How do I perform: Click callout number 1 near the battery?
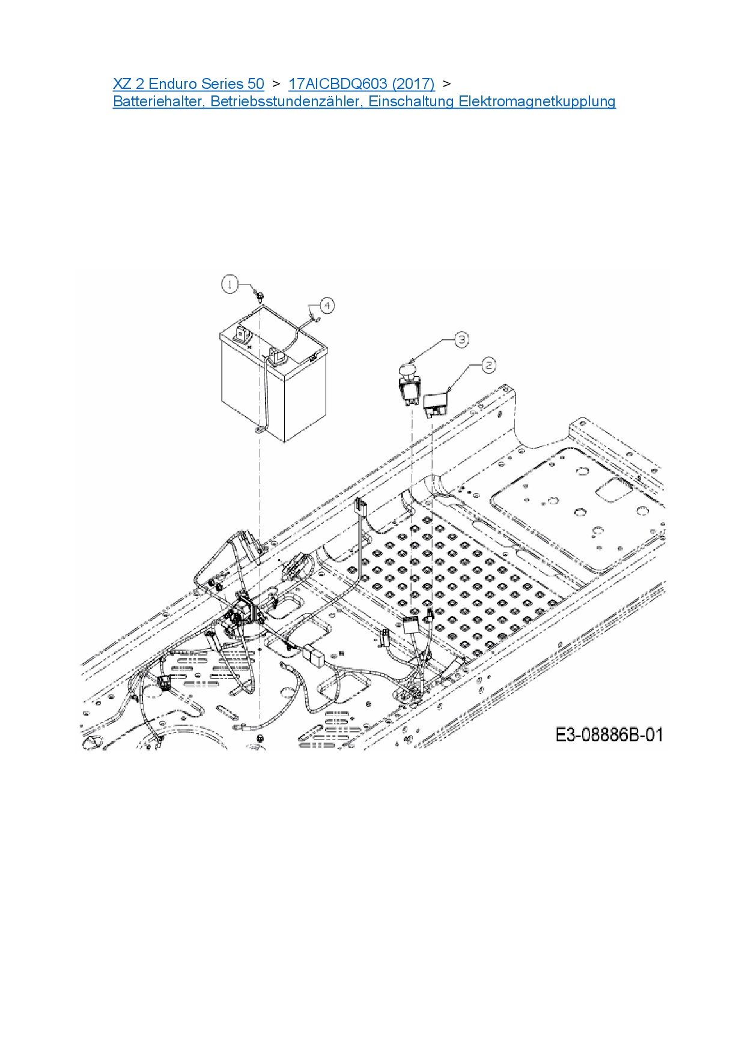point(230,284)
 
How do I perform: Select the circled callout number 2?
point(488,365)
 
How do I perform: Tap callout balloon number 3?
point(461,340)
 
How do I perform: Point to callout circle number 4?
point(327,306)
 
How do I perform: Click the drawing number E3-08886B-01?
point(609,734)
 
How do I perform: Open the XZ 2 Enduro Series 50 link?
point(189,83)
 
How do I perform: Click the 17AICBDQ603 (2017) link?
point(361,83)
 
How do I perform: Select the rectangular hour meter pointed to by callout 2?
point(436,402)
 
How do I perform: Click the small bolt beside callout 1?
point(259,295)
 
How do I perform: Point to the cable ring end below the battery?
point(260,430)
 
